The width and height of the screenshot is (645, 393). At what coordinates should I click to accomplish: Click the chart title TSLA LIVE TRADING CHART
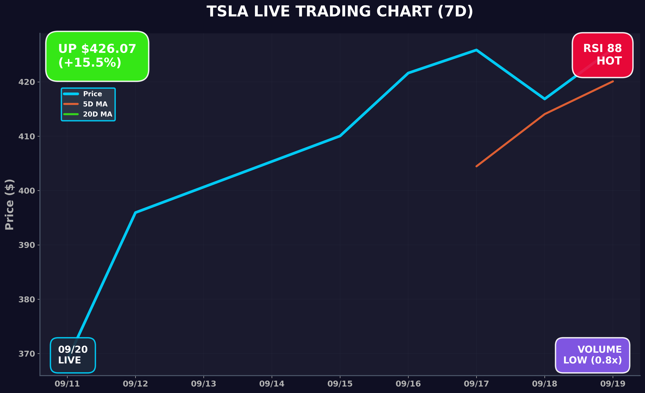click(340, 12)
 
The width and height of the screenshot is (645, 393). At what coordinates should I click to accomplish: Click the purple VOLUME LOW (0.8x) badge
click(592, 355)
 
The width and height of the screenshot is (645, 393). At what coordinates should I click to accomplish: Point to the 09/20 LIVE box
click(73, 355)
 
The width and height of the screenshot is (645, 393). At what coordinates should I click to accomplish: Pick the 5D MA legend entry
click(95, 104)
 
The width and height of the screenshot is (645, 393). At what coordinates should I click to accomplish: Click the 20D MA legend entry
click(97, 114)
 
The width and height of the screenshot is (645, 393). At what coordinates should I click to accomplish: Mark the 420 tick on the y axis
click(26, 82)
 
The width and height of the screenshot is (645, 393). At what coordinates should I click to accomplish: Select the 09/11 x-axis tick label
click(67, 384)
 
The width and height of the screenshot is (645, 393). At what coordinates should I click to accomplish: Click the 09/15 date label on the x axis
click(340, 384)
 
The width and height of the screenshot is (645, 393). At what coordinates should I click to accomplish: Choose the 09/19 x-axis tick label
click(613, 384)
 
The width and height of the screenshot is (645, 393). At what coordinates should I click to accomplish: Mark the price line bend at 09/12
click(135, 212)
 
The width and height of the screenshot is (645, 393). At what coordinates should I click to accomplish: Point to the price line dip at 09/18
click(544, 99)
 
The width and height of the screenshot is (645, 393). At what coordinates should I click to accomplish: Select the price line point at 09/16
click(408, 73)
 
